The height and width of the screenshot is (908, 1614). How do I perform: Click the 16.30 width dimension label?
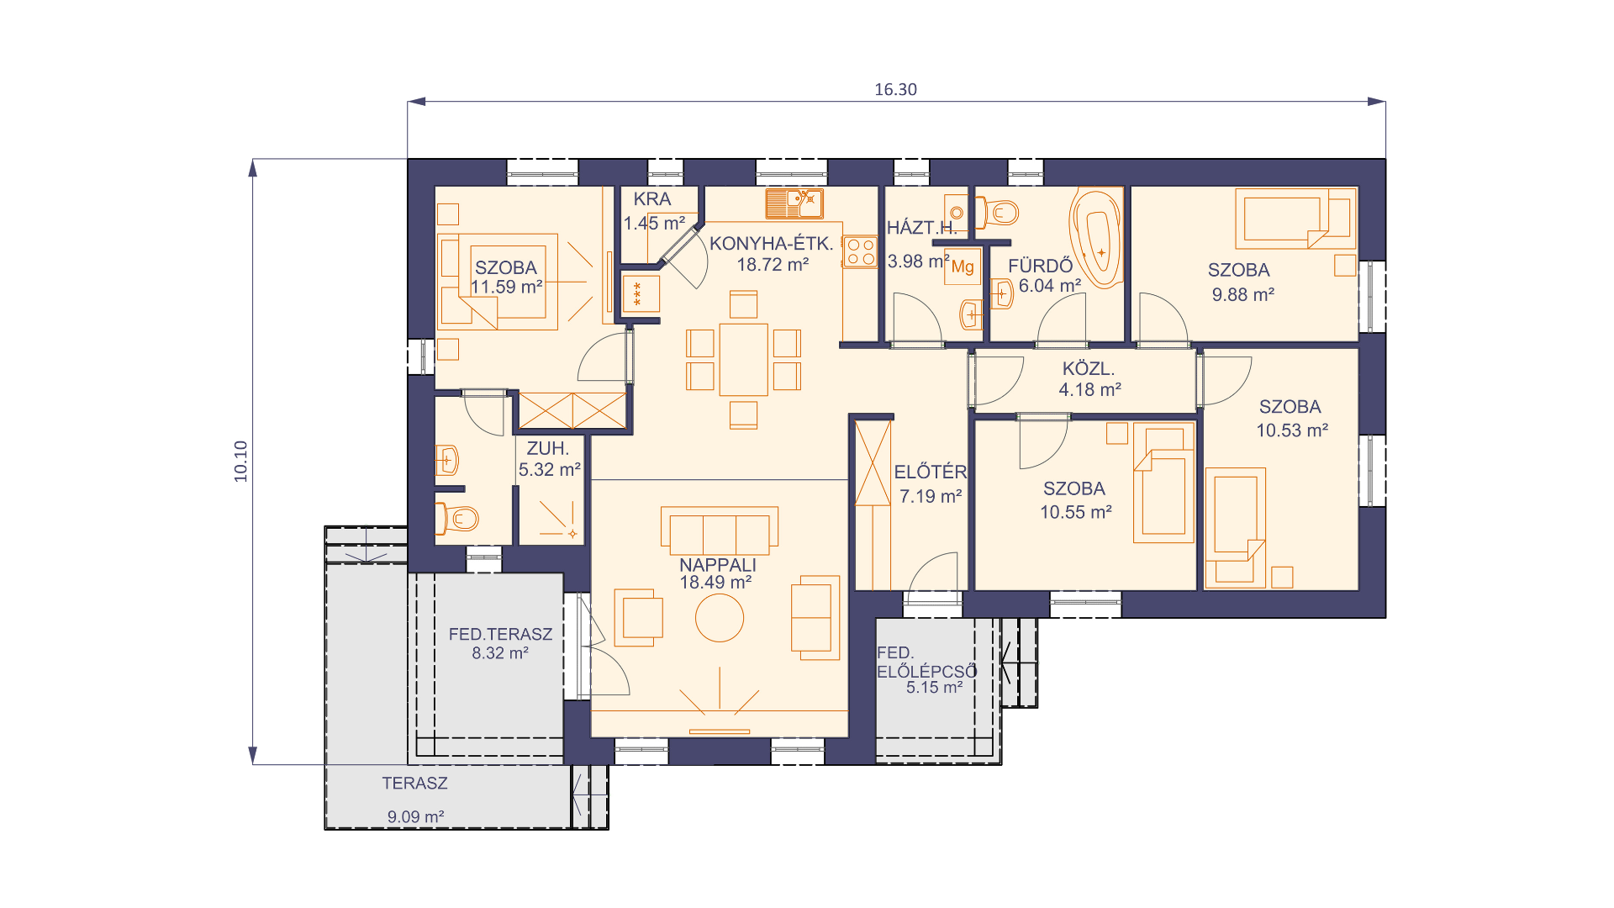pos(895,90)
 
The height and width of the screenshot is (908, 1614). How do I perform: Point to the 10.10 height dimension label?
pos(241,462)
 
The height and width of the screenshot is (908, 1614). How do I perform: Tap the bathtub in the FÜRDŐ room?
pos(1097,238)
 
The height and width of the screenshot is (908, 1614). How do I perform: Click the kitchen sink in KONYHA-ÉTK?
pos(794,203)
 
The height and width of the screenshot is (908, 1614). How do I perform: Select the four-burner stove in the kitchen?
pos(860,251)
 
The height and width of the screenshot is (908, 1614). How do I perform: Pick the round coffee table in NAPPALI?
pos(720,618)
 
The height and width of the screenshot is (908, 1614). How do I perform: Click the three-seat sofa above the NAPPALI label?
pos(720,531)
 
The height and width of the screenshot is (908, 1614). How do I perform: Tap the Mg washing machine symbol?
pos(963,267)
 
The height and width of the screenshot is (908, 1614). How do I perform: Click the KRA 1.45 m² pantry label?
pos(654,211)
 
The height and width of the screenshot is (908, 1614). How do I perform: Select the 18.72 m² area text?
pos(773,265)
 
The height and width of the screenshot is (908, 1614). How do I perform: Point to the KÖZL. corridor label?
pos(1089,369)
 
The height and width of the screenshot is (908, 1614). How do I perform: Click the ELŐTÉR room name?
pos(931,472)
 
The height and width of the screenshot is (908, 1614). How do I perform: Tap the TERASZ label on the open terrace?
pos(414,784)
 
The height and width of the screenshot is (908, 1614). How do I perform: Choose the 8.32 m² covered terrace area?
pos(500,653)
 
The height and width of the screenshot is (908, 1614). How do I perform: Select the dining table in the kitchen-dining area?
pos(744,359)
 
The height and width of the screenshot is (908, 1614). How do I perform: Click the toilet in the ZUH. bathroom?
pos(456,519)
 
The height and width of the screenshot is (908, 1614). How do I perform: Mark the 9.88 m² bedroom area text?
pos(1243,295)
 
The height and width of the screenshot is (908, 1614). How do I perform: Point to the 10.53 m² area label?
pos(1292,430)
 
